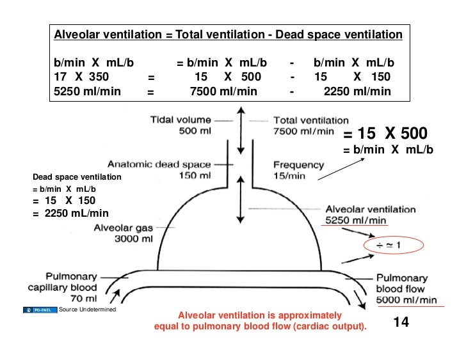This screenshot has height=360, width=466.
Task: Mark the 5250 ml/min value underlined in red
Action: (356, 219)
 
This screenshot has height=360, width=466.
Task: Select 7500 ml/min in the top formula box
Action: (224, 91)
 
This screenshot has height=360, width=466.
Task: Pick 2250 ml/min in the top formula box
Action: (357, 91)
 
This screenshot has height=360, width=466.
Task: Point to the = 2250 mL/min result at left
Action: (70, 214)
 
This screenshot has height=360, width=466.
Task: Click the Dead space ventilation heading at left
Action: (77, 176)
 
